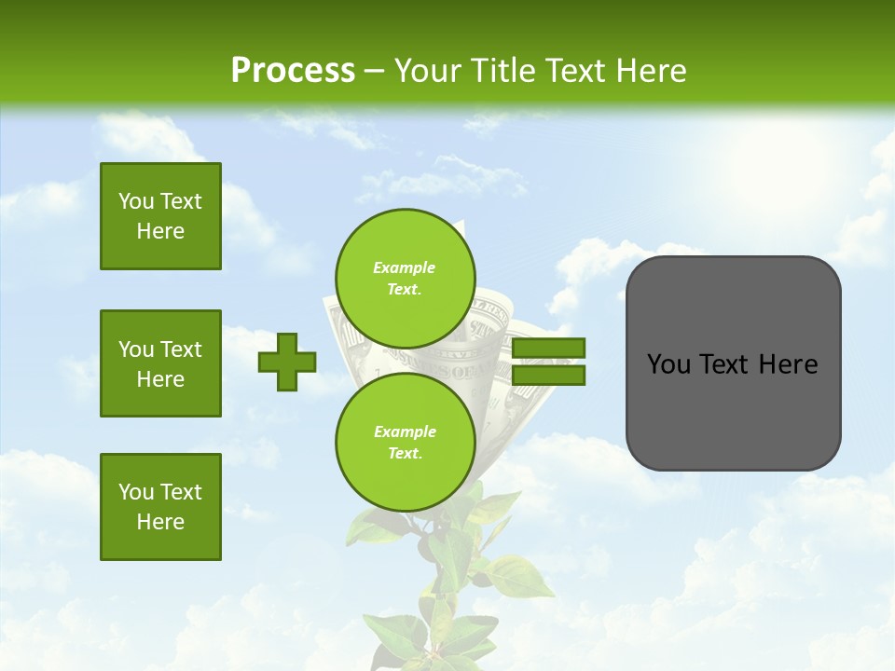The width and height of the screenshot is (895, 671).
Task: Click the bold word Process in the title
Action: coord(293,71)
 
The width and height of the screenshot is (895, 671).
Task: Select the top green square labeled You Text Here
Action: coord(160,216)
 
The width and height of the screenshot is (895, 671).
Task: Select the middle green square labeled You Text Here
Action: coord(160,363)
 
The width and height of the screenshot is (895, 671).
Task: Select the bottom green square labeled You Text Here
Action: coord(160,507)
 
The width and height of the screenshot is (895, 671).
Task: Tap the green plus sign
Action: coord(287,363)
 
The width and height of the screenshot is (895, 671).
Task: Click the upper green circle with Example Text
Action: coord(405,278)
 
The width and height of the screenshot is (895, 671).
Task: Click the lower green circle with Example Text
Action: coord(405,442)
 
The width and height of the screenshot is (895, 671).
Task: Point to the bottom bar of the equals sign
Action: coord(548,375)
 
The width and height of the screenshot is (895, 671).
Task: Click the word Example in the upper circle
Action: coord(405,267)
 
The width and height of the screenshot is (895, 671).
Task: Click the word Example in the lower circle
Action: coord(405,431)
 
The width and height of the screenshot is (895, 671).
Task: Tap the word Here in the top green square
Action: coord(160,231)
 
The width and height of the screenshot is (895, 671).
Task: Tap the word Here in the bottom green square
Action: coord(160,522)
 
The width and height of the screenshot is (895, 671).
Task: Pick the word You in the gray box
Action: coord(668,364)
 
